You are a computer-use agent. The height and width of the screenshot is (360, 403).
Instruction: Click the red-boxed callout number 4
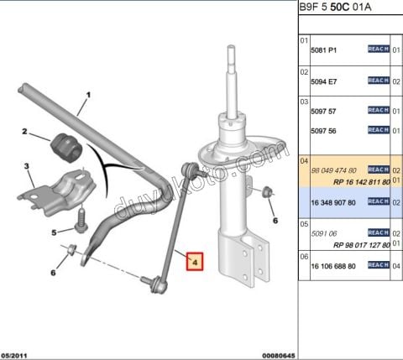[x=194, y=262]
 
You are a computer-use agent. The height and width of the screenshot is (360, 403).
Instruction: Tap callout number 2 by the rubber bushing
[x=25, y=132]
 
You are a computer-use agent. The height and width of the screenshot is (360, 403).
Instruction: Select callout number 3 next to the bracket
[x=27, y=167]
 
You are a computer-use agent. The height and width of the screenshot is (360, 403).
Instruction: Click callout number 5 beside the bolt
[x=55, y=232]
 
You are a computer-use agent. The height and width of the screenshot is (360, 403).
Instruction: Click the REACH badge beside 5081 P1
[x=378, y=50]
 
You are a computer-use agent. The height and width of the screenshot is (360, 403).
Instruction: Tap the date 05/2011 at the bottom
[x=18, y=354]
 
